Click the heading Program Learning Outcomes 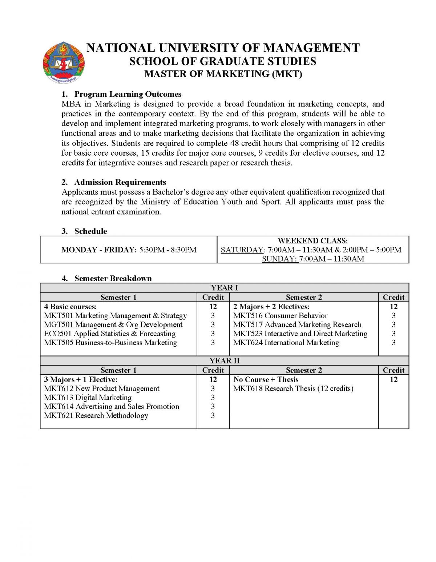click(x=128, y=94)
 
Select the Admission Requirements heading click(x=120, y=182)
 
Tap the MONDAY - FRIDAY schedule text click(x=129, y=250)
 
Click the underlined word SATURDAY click(x=242, y=250)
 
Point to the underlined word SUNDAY click(x=280, y=259)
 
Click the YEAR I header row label click(x=224, y=288)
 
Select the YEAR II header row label click(x=224, y=361)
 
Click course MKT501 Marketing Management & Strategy click(x=115, y=316)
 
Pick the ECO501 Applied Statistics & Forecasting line click(x=109, y=334)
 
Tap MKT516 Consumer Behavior click(x=280, y=316)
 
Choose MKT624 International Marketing click(x=286, y=343)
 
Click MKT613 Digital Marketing click(x=88, y=398)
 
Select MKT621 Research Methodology click(x=96, y=415)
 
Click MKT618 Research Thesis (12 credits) click(x=293, y=388)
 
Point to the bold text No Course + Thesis click(x=266, y=379)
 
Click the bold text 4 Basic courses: click(x=70, y=307)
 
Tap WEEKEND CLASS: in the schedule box click(x=312, y=241)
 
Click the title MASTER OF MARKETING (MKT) click(x=223, y=74)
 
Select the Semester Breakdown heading click(x=113, y=279)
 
